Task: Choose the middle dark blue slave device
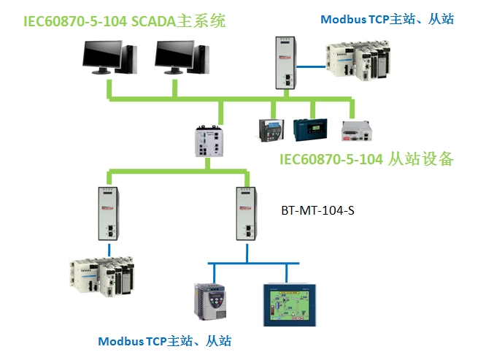click(x=309, y=130)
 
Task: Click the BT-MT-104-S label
click(x=317, y=210)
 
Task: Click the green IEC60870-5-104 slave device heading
click(x=367, y=158)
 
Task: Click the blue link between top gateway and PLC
click(x=313, y=66)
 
